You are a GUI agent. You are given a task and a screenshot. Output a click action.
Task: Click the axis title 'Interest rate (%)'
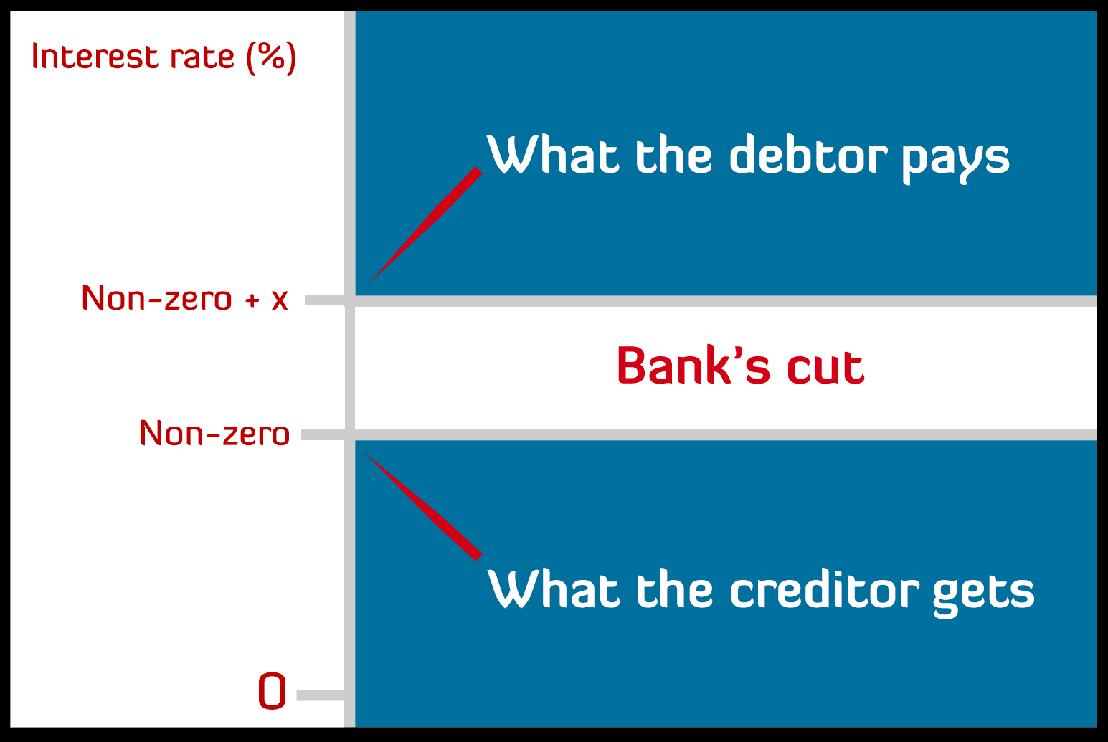164,57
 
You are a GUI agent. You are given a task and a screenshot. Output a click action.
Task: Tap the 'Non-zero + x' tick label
184,298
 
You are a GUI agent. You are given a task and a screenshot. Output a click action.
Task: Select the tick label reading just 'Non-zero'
214,433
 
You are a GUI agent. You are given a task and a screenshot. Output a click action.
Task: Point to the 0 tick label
272,691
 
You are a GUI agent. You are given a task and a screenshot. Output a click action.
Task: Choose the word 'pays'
955,161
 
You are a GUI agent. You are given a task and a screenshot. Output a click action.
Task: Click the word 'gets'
983,596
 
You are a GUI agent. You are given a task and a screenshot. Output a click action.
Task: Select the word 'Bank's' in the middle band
693,365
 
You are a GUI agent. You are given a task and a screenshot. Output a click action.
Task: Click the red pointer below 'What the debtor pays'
425,224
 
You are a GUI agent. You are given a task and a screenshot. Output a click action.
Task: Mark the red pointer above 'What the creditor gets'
423,506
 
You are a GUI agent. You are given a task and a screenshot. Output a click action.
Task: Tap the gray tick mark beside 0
321,695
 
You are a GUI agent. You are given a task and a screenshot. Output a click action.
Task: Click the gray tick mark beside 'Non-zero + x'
325,300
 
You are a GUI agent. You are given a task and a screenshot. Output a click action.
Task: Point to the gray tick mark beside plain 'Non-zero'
323,435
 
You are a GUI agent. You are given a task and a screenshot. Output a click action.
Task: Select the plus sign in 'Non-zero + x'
252,300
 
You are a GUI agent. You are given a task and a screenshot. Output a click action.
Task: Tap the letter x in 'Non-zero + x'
280,300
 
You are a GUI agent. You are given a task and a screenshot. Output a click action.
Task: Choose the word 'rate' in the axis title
202,58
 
